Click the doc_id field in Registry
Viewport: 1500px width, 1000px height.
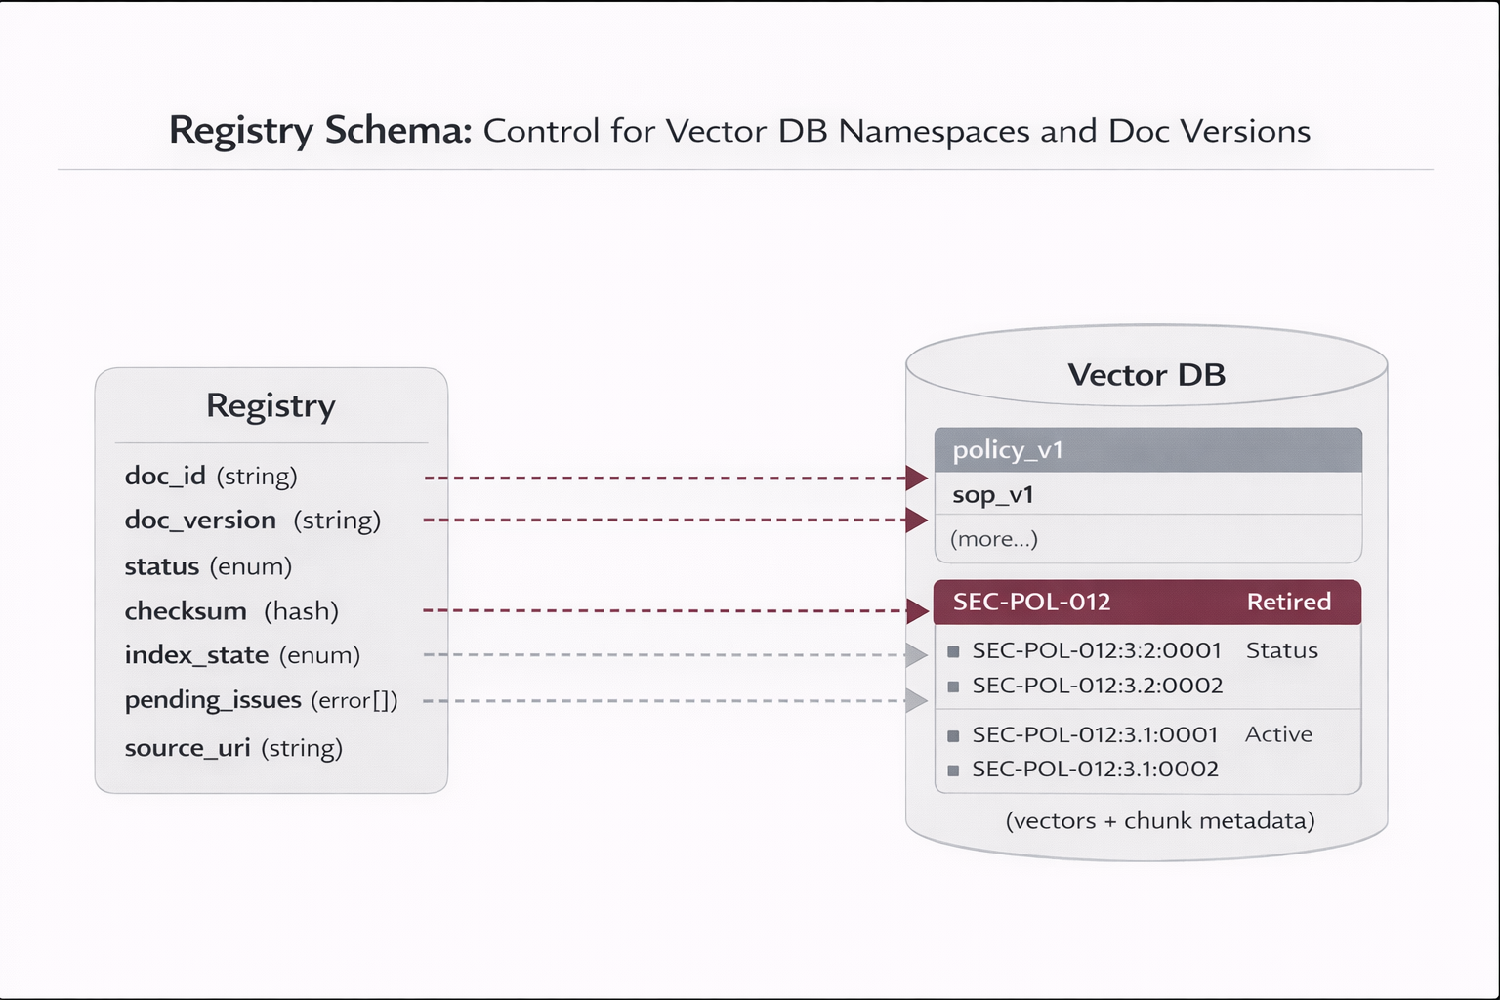click(164, 476)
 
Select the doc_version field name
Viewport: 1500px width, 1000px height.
click(200, 520)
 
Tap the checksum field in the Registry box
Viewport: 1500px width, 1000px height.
click(186, 611)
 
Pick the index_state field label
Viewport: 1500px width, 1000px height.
click(196, 655)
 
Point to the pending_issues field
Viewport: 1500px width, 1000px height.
click(213, 700)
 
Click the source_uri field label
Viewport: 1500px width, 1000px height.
click(187, 748)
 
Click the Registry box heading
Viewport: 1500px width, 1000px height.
click(271, 405)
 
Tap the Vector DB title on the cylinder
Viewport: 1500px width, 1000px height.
click(1146, 375)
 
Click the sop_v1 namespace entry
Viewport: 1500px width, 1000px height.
click(992, 495)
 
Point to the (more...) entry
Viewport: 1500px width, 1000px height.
click(993, 539)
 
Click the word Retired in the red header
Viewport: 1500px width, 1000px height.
click(1288, 602)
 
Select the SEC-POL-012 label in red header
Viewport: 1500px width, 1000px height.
click(1031, 602)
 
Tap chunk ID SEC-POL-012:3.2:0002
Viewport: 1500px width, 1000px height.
click(1097, 686)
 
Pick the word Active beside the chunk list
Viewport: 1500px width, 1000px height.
click(1278, 734)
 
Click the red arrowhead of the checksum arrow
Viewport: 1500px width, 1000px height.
click(917, 611)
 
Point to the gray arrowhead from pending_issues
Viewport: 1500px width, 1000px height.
click(916, 700)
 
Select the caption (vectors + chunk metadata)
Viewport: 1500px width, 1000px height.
click(1159, 820)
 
